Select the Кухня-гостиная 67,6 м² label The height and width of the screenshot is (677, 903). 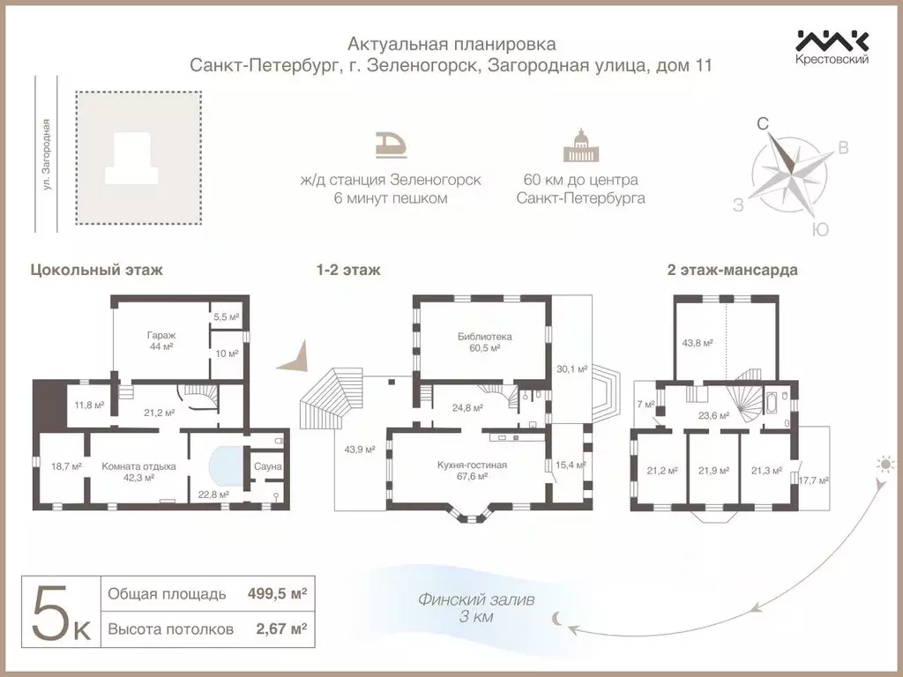(472, 470)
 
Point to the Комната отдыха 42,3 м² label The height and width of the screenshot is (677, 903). (139, 472)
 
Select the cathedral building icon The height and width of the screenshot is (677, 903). (579, 146)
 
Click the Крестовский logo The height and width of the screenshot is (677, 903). (832, 47)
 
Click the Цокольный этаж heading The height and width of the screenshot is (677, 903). (96, 270)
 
